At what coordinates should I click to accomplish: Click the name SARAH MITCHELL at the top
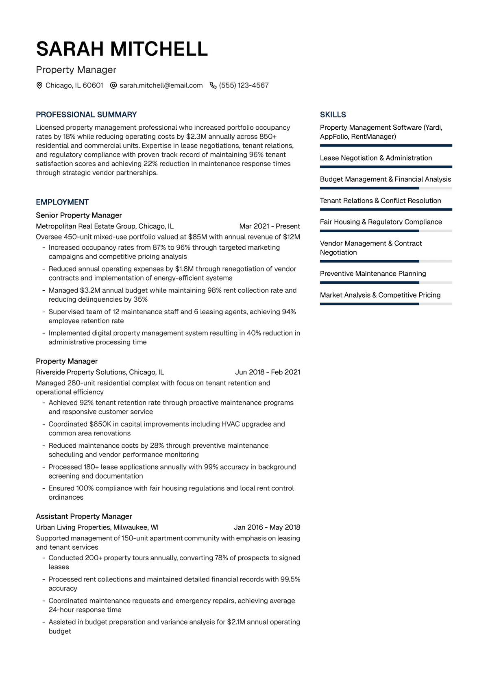[x=122, y=49]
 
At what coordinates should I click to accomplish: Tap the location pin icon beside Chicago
[x=39, y=85]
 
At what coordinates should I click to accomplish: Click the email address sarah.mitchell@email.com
[x=161, y=85]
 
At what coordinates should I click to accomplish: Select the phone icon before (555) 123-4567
[x=213, y=85]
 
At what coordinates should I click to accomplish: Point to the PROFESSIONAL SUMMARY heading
[x=86, y=115]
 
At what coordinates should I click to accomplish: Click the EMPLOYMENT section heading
[x=62, y=202]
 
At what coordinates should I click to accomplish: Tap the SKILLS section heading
[x=333, y=115]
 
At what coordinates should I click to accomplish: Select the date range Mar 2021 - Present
[x=270, y=226]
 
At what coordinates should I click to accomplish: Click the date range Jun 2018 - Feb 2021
[x=268, y=372]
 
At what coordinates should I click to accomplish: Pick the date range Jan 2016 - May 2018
[x=267, y=527]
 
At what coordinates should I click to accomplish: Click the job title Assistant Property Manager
[x=84, y=516]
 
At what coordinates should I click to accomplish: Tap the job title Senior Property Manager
[x=79, y=215]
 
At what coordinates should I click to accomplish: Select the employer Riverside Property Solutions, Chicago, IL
[x=100, y=372]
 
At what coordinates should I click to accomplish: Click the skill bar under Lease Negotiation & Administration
[x=386, y=167]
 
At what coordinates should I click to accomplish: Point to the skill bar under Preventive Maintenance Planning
[x=386, y=283]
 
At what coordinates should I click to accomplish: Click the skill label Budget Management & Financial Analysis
[x=386, y=179]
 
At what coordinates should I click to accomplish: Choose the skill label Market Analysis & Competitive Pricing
[x=380, y=295]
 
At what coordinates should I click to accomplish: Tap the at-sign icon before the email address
[x=113, y=85]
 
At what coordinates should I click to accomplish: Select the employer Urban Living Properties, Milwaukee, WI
[x=97, y=527]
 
